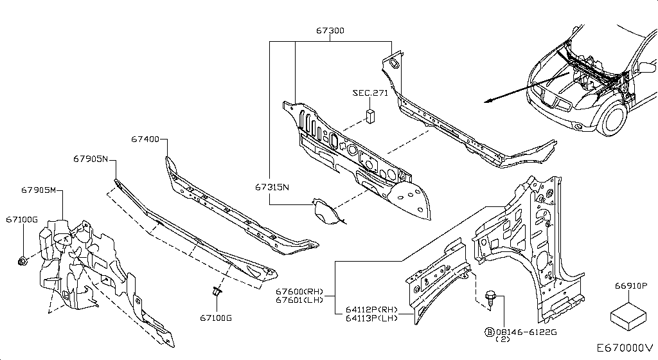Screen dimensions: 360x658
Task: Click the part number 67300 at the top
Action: pyautogui.click(x=330, y=30)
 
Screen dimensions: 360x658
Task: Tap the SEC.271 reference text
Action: pyautogui.click(x=371, y=93)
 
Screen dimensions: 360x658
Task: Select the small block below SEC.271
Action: pyautogui.click(x=371, y=115)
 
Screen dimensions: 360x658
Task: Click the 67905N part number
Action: pyautogui.click(x=90, y=159)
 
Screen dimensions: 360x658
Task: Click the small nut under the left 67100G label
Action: pyautogui.click(x=22, y=260)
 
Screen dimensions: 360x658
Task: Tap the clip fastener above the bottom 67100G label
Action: pyautogui.click(x=216, y=292)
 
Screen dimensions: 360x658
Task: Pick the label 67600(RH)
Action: pyautogui.click(x=300, y=292)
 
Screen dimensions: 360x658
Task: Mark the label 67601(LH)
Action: pyautogui.click(x=300, y=300)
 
